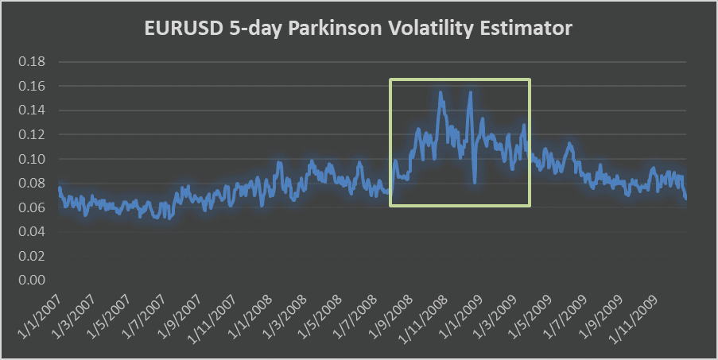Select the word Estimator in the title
click(x=531, y=29)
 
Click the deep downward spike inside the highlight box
click(x=475, y=182)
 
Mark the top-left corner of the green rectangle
click(x=390, y=79)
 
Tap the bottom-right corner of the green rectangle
click(x=530, y=206)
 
